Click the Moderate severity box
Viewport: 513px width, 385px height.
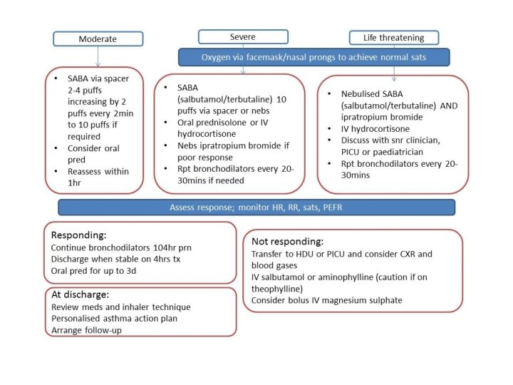click(98, 38)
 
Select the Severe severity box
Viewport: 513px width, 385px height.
click(243, 36)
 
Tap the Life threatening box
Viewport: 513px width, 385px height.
click(393, 37)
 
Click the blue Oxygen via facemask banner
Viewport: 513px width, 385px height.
click(313, 56)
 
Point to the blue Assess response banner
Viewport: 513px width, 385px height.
click(256, 207)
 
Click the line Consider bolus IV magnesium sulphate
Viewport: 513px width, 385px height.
click(327, 300)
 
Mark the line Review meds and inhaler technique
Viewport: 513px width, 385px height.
click(120, 307)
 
